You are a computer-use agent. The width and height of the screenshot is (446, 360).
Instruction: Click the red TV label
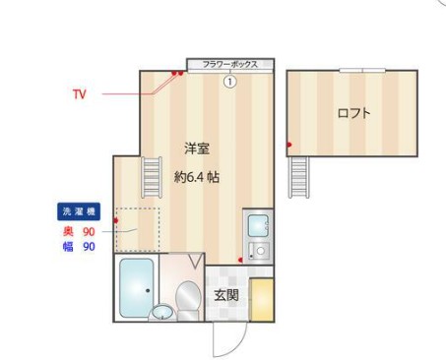80,95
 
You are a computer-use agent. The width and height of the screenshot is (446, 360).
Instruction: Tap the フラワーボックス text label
229,65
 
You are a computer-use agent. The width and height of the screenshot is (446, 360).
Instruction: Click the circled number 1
229,82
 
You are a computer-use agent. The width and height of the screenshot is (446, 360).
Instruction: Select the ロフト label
353,113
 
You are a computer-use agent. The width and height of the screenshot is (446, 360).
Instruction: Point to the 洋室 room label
196,149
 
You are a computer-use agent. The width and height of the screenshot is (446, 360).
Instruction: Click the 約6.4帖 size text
196,178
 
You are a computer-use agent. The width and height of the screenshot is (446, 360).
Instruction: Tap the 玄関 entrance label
226,294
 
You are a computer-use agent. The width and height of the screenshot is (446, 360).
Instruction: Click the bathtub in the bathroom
135,287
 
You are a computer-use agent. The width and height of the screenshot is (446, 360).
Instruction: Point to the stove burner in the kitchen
259,251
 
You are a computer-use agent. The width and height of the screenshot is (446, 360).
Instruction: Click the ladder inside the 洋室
151,178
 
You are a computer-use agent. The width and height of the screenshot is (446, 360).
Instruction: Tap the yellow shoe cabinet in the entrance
261,300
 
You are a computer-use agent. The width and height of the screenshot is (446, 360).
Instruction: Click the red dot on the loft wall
288,146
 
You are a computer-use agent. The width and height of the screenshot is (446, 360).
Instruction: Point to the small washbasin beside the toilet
161,314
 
